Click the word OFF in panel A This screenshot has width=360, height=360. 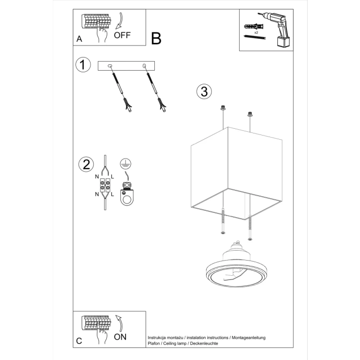[122, 36]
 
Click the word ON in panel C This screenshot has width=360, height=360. [120, 336]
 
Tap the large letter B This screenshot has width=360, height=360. [156, 38]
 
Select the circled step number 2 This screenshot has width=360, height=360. [85, 164]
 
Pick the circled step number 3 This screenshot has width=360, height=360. [204, 91]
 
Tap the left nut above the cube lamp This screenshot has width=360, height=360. [223, 108]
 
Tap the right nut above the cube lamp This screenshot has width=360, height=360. [250, 113]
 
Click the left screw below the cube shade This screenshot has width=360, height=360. [223, 220]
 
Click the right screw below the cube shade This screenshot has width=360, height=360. [250, 227]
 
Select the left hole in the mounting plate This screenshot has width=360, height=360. [110, 65]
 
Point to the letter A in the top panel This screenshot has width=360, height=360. [79, 39]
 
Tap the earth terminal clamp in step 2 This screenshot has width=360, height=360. [126, 194]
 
